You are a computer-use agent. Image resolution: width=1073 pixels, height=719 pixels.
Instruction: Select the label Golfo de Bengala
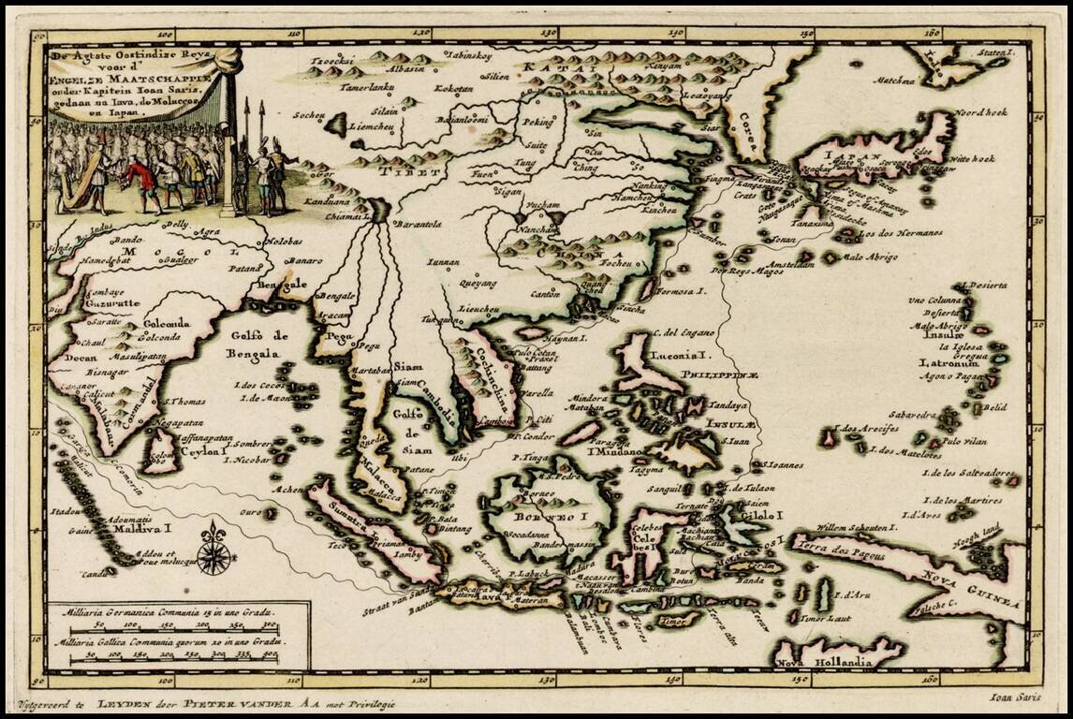pos(254,344)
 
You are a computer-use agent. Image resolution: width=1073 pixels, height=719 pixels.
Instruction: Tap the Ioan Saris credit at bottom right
pos(1016,696)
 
